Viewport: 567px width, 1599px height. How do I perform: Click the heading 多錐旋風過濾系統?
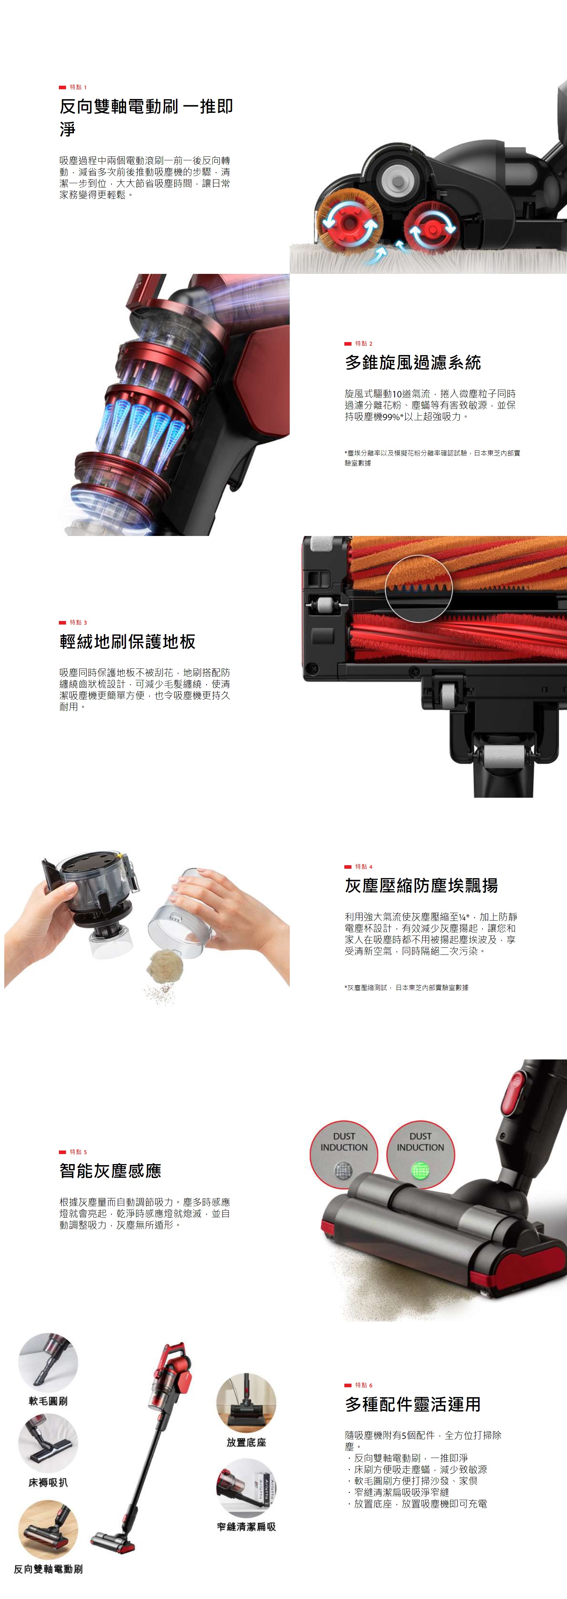[x=412, y=362]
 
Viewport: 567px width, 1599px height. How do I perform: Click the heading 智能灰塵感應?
[x=110, y=1171]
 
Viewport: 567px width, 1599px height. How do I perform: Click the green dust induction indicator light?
[x=420, y=1171]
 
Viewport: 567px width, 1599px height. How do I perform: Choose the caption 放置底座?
[x=246, y=1442]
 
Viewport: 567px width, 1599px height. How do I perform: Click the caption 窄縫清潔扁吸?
[x=246, y=1527]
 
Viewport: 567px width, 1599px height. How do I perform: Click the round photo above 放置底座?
[x=246, y=1403]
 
